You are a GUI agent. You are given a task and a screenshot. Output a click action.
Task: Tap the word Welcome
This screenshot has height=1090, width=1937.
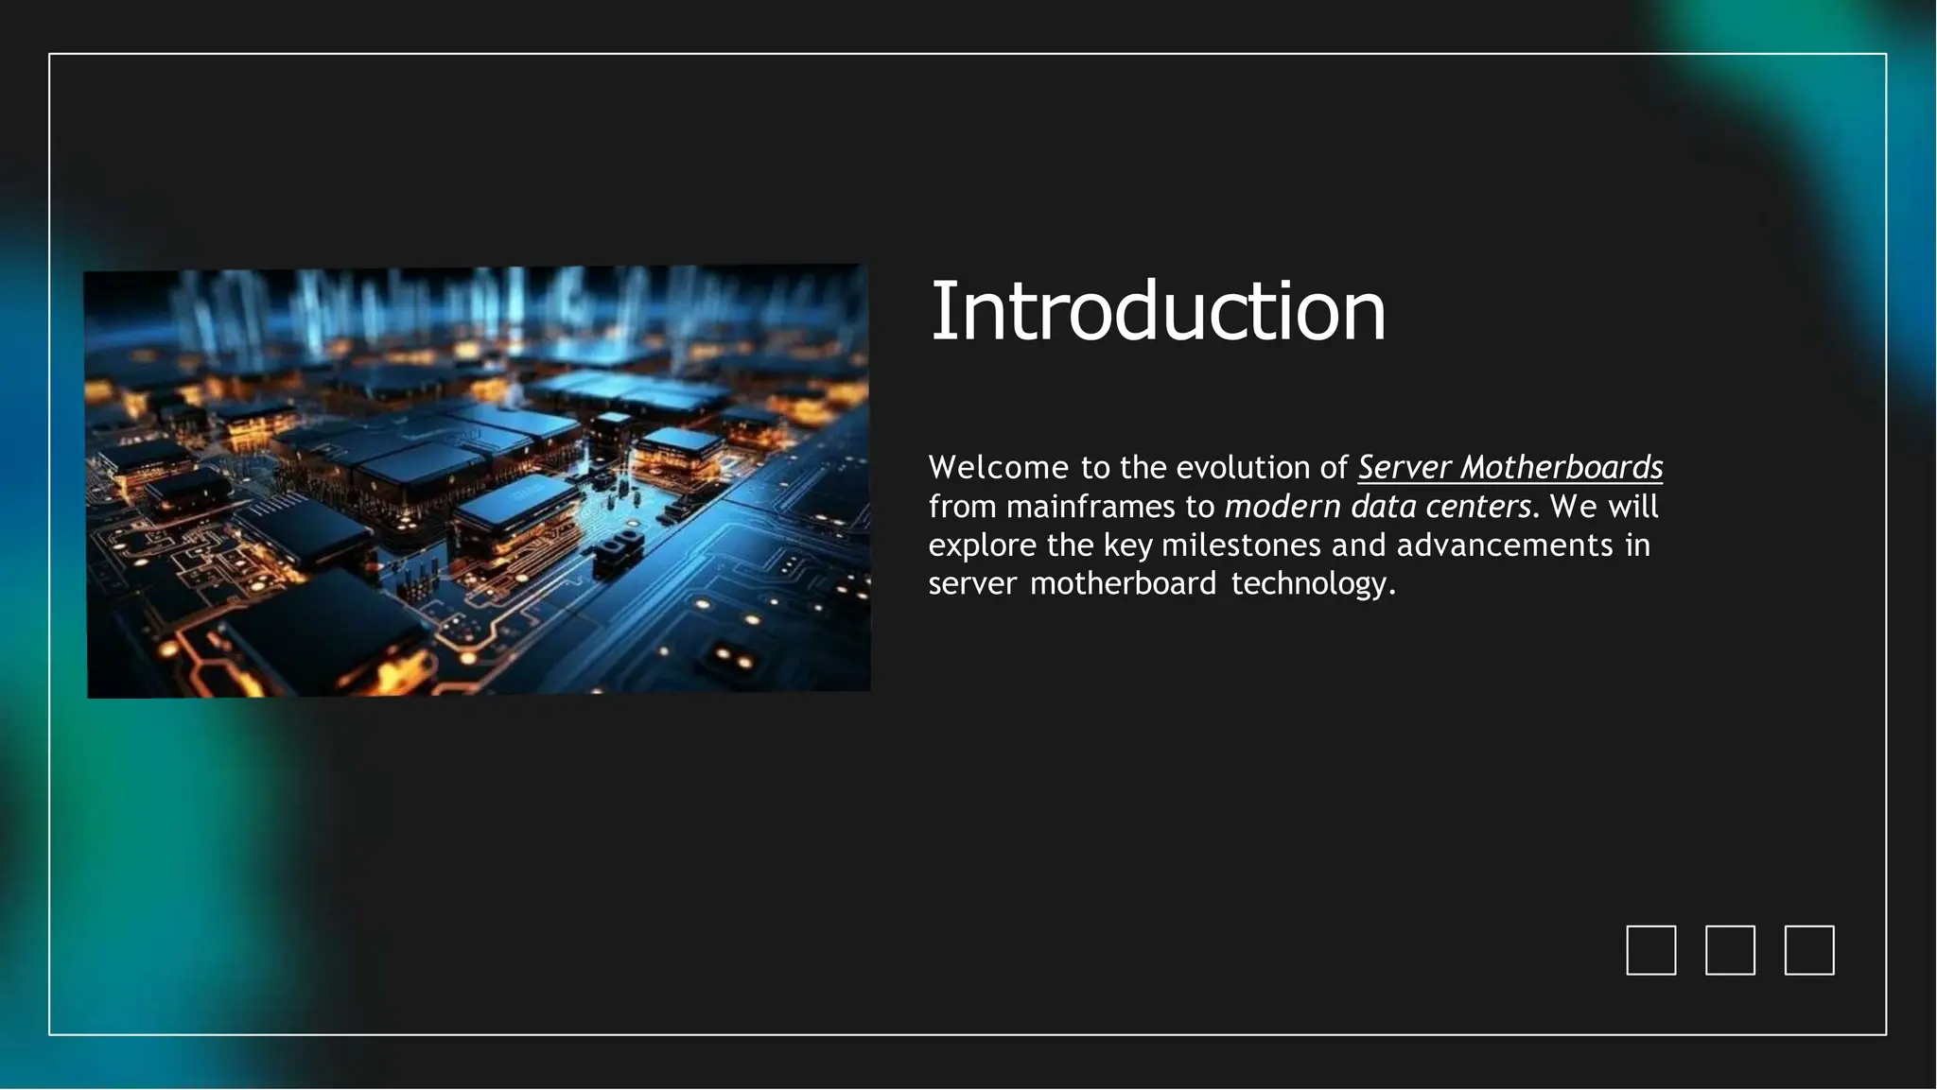tap(999, 467)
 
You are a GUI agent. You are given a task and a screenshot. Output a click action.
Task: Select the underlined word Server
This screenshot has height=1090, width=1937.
tap(1405, 468)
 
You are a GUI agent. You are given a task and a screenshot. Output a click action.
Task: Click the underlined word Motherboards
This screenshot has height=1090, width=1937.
tap(1562, 468)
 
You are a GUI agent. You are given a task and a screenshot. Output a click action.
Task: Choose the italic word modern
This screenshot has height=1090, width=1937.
tap(1283, 507)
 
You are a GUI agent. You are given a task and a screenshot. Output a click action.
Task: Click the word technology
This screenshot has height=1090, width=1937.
tap(1313, 584)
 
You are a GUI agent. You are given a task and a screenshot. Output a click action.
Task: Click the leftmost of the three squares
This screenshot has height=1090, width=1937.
tap(1651, 950)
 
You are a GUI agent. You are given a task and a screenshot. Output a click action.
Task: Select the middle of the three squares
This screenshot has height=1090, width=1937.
tap(1730, 950)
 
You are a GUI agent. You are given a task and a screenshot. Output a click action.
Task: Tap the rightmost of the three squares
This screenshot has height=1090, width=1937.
tap(1809, 950)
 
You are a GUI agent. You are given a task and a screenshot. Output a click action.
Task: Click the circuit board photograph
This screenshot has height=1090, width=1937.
tap(478, 482)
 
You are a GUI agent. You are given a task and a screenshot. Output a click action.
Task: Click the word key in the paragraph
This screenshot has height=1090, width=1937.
tap(1128, 546)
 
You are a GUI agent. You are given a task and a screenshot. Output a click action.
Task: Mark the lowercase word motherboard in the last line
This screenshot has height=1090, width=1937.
tap(1123, 583)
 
